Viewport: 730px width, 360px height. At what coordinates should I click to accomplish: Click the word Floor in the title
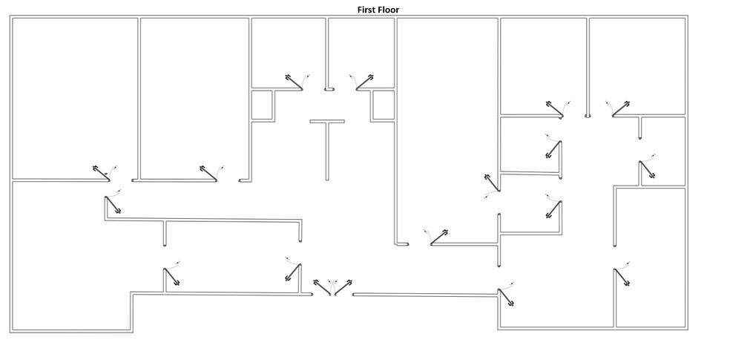pos(389,9)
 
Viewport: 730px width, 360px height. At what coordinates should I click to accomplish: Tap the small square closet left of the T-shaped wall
pos(260,105)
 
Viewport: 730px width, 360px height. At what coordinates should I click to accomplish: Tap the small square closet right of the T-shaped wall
pos(383,105)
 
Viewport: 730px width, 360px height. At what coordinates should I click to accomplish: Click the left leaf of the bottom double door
pos(322,287)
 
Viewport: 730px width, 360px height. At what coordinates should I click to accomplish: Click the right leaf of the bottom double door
pos(343,287)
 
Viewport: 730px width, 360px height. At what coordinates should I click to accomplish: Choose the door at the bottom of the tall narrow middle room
pos(440,237)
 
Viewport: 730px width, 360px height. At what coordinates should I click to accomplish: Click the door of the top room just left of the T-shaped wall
pos(293,82)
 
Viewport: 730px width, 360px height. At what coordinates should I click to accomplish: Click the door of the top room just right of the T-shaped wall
pos(364,82)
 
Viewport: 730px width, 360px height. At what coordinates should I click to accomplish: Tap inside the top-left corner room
pos(74,96)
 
